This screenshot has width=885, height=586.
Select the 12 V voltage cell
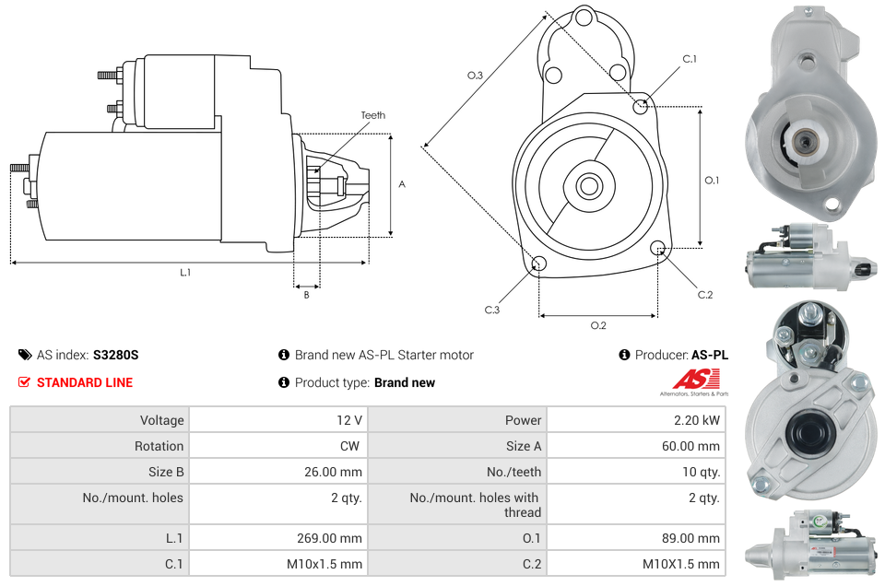point(348,420)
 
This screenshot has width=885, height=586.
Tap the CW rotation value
point(351,446)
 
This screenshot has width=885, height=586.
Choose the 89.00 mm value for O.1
point(693,538)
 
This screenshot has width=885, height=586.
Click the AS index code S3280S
point(115,355)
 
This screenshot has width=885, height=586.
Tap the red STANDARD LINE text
point(85,382)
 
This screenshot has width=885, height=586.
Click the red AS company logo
point(695,379)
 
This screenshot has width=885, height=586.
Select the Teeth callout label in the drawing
point(372,115)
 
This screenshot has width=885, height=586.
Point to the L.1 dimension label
point(185,272)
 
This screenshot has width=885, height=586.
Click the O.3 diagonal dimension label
point(475,76)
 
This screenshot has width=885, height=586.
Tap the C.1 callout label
point(689,59)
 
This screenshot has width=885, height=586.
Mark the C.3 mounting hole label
point(492,311)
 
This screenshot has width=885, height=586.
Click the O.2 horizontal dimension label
point(598,324)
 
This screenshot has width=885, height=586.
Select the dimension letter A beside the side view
point(402,184)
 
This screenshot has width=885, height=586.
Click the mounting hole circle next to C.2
point(658,248)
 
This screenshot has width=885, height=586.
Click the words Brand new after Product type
point(405,382)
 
